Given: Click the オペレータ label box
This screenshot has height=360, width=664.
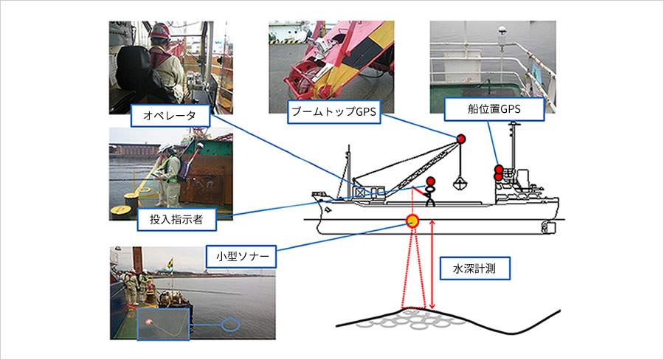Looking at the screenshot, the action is point(170,115).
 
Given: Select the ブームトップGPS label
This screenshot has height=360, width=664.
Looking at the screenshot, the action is point(333,112).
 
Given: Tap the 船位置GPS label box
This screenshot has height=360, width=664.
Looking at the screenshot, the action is point(494,109).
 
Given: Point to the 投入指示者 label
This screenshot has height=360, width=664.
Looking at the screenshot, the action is point(176,219).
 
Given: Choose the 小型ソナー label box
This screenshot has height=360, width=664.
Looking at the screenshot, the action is point(241,256).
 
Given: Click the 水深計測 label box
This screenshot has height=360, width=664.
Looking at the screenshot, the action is point(474,268).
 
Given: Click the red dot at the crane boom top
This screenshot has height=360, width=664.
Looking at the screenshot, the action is point(460,139).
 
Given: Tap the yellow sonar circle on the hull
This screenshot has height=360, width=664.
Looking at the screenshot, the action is point(412,221).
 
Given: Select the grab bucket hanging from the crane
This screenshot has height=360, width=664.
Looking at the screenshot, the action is point(460,184).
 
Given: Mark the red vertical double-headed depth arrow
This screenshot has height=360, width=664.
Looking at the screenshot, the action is point(432,264).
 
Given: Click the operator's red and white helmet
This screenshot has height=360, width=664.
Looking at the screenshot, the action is point(159,30).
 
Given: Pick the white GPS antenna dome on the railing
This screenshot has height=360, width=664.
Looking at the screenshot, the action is point(502,31).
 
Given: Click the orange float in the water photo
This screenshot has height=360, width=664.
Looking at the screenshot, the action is point(148,322).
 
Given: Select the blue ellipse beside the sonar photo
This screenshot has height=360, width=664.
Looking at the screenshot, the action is point(230,325).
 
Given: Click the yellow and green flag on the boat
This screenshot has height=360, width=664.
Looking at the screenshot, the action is point(171,263).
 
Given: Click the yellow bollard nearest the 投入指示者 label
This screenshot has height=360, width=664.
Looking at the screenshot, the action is point(120,209).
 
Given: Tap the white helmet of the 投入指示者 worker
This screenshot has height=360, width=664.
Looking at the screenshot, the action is point(165,148).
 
